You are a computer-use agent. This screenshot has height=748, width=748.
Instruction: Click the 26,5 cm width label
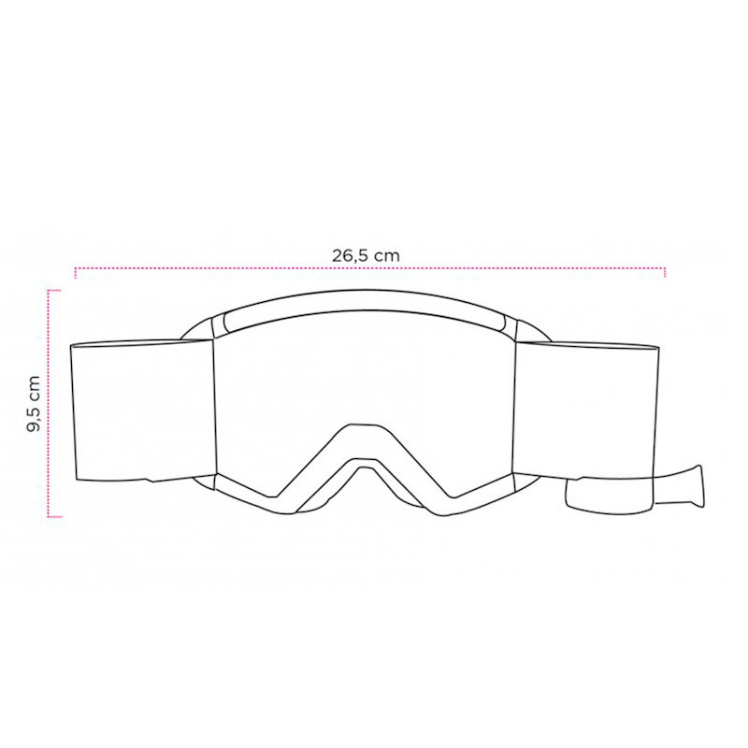point(366,255)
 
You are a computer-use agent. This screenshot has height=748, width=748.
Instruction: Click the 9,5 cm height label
point(34,404)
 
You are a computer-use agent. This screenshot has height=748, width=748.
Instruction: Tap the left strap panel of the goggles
point(142,410)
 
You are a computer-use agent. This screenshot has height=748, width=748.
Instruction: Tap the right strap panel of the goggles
point(586,410)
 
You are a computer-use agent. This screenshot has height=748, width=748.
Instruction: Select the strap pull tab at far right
point(680,485)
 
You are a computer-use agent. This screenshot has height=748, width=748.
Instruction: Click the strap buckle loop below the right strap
point(609,496)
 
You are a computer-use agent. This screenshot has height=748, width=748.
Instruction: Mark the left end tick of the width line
point(76,273)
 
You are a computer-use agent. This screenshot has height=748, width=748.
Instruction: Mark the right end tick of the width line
point(665,272)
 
